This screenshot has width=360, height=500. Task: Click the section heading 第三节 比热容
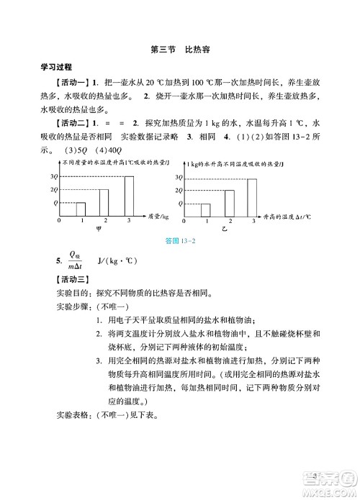point(180,50)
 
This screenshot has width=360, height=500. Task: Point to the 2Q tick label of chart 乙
point(179,190)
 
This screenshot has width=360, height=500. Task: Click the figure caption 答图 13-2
point(180,241)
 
